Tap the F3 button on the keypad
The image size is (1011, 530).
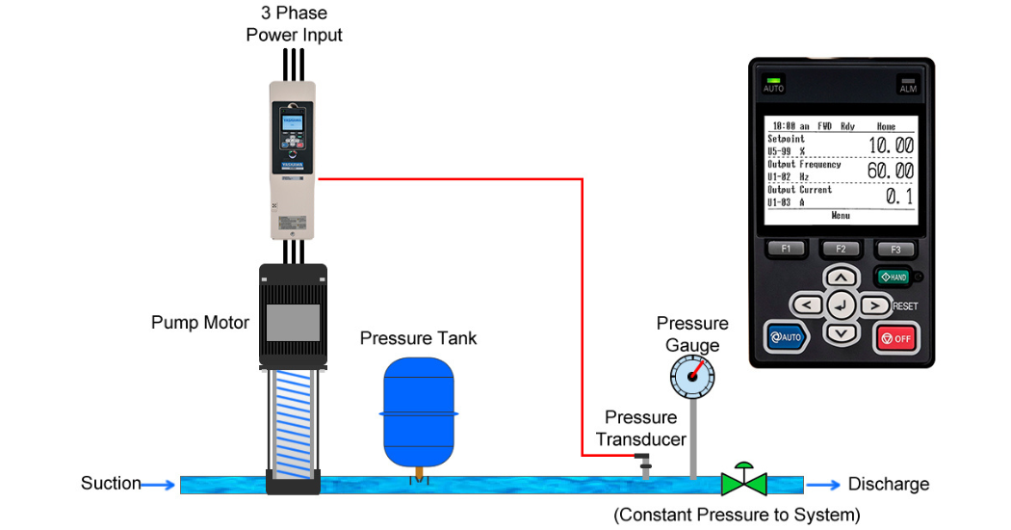coord(894,249)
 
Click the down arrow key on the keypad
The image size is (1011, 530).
coord(842,333)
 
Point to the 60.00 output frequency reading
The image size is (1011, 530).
coord(890,171)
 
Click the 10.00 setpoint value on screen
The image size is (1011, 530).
coord(890,146)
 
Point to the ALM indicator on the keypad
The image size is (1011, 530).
coord(908,85)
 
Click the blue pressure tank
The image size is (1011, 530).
coord(418,411)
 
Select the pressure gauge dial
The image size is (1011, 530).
coord(693,377)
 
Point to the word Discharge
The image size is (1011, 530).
coord(888,485)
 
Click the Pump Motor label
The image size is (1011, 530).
coord(200,323)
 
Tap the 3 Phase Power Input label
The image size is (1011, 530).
coord(294,24)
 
